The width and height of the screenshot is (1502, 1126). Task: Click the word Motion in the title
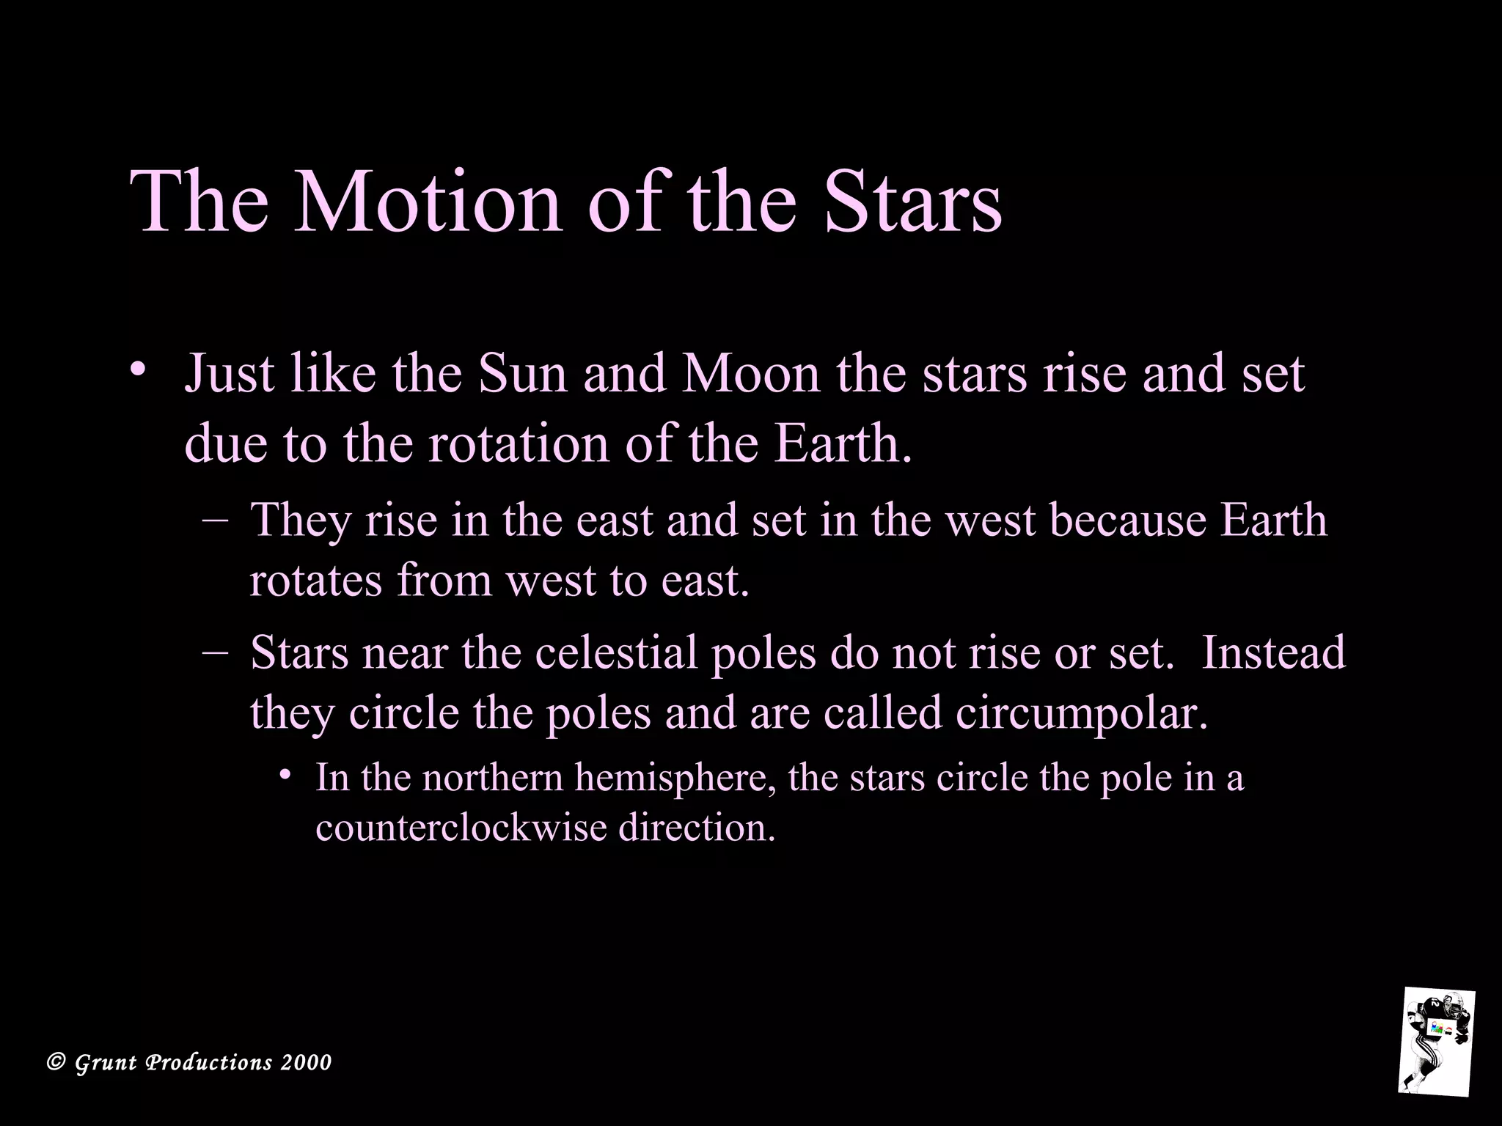tap(428, 202)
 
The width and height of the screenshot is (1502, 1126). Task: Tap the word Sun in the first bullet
tap(521, 374)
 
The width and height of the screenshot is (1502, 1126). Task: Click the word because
tap(1128, 520)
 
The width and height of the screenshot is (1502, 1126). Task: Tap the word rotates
tap(317, 581)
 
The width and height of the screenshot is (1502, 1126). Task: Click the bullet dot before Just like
tap(134, 368)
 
